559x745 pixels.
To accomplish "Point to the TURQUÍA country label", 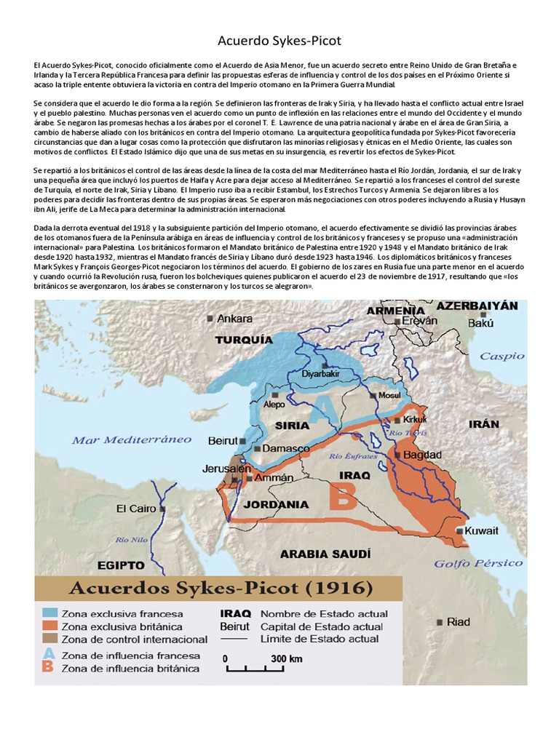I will (x=244, y=340).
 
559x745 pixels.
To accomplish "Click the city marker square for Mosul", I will (x=372, y=396).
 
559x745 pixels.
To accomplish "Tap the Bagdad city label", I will (x=422, y=455).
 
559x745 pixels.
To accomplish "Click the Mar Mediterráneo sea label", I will (x=131, y=440).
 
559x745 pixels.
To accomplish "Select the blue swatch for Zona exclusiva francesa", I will (x=49, y=613).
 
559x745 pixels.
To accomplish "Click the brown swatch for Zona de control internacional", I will (x=49, y=638).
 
